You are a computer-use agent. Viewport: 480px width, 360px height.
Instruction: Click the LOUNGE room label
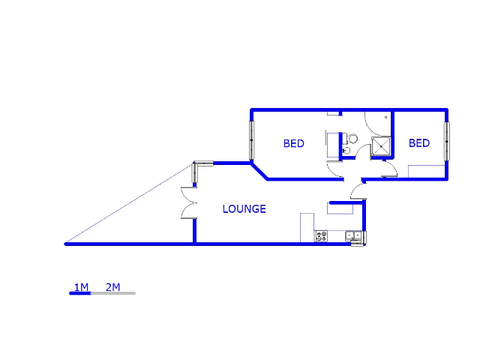pyautogui.click(x=244, y=209)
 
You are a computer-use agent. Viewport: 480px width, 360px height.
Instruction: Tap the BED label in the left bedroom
pyautogui.click(x=293, y=143)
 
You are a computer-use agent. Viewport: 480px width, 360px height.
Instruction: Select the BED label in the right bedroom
pyautogui.click(x=418, y=143)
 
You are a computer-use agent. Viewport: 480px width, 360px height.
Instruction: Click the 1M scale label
pyautogui.click(x=81, y=287)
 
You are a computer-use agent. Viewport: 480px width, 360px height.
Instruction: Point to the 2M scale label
pyautogui.click(x=112, y=287)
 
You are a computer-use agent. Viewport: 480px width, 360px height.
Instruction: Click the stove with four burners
pyautogui.click(x=322, y=236)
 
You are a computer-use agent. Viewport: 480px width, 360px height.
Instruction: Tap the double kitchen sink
pyautogui.click(x=355, y=237)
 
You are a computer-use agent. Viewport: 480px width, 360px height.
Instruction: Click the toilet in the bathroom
pyautogui.click(x=349, y=138)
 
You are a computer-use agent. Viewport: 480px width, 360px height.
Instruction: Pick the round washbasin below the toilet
pyautogui.click(x=346, y=151)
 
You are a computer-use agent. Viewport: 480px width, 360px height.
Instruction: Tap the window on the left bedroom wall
pyautogui.click(x=252, y=139)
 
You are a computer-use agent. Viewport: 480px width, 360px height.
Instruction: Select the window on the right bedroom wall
pyautogui.click(x=446, y=140)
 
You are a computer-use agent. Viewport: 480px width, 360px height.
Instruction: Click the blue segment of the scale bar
pyautogui.click(x=80, y=293)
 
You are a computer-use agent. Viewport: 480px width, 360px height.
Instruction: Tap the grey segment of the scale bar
pyautogui.click(x=113, y=293)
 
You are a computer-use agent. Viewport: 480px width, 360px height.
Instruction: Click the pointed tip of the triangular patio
pyautogui.click(x=67, y=244)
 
